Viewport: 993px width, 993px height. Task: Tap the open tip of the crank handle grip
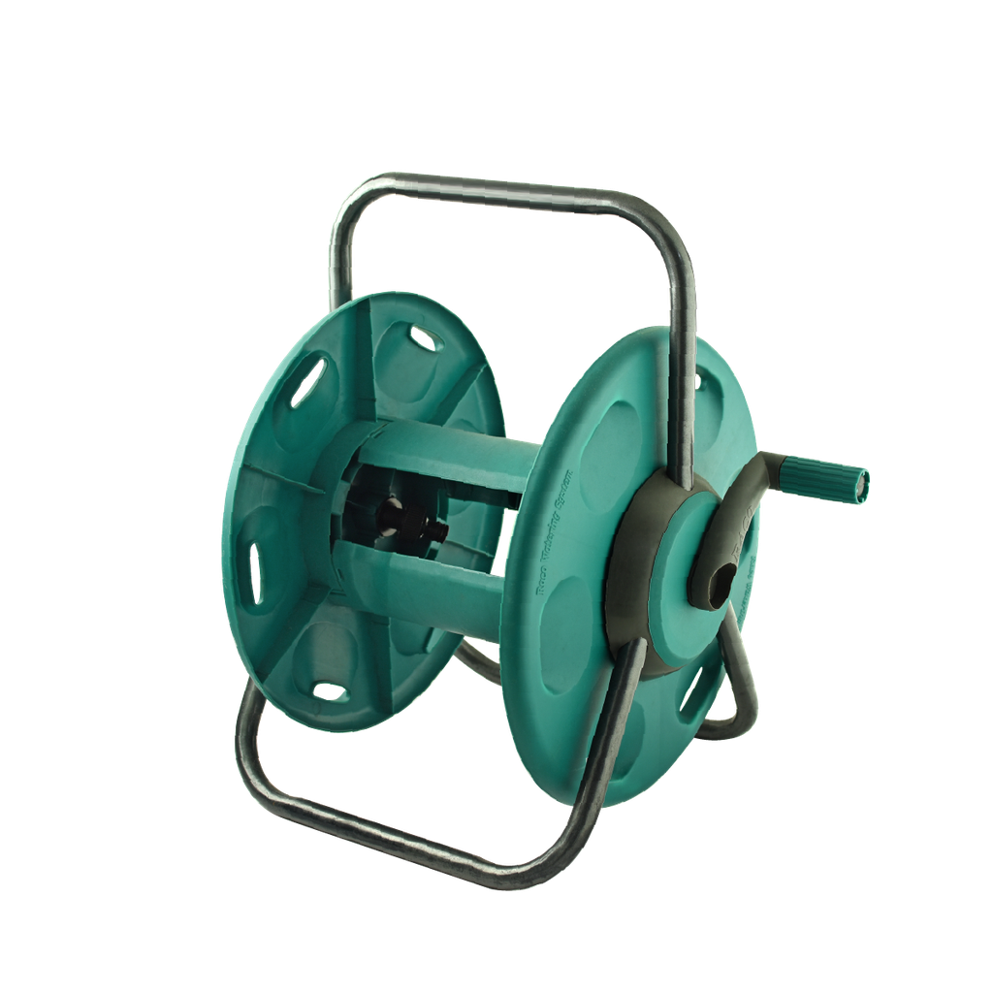pyautogui.click(x=862, y=484)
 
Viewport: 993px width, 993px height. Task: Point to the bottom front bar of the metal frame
pyautogui.click(x=407, y=824)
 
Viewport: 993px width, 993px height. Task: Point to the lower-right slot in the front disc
pyautogui.click(x=693, y=689)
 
